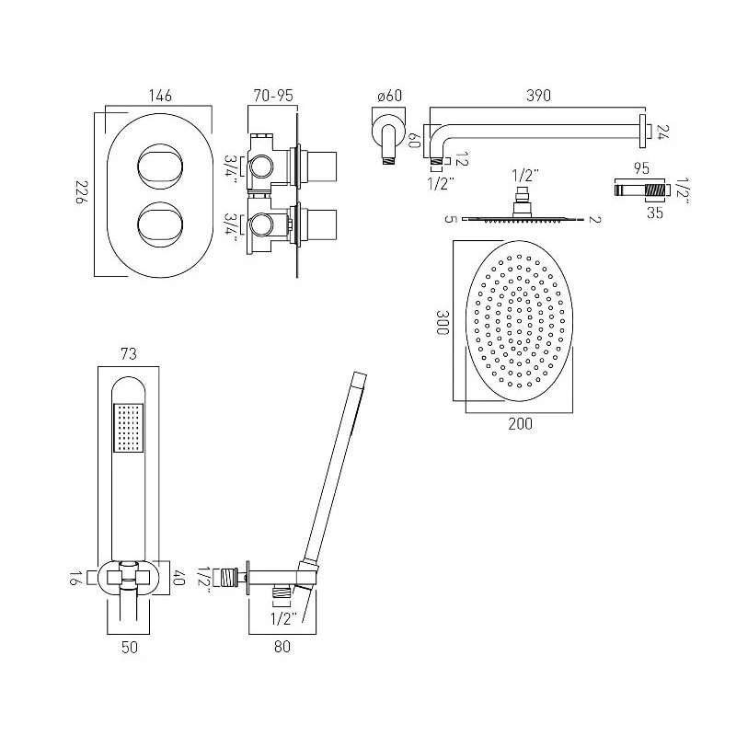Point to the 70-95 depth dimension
[273, 95]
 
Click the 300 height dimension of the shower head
[443, 321]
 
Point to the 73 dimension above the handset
[130, 353]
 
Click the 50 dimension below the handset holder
[130, 647]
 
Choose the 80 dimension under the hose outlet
[282, 647]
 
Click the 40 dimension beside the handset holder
[178, 579]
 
